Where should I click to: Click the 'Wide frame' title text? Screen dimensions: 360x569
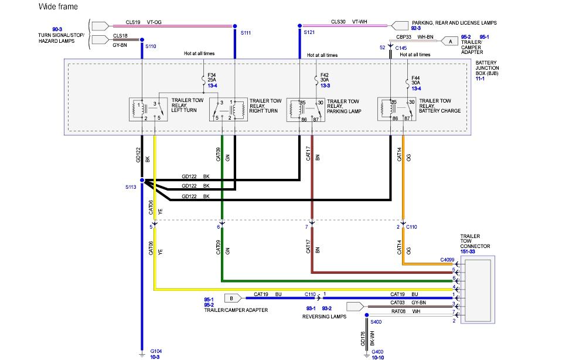coord(57,6)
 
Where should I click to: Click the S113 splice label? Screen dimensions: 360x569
coord(130,188)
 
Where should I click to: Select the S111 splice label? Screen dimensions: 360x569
coord(246,33)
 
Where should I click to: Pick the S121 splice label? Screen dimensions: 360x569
coord(309,33)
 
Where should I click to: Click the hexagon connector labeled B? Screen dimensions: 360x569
coord(232,297)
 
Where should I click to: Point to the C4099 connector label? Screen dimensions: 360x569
coord(447,259)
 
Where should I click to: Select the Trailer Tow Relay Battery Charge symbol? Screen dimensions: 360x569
coord(397,110)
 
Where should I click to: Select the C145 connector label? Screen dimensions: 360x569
coord(401,47)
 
